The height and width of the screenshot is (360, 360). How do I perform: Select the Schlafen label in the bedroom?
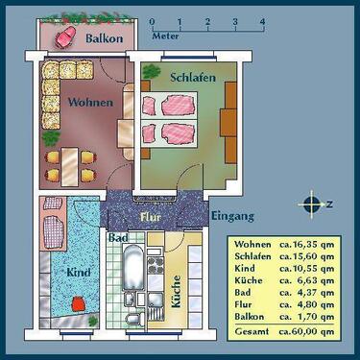tap(192, 76)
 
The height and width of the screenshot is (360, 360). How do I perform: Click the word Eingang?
tap(231, 215)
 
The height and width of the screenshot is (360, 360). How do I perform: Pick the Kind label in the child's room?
tap(79, 273)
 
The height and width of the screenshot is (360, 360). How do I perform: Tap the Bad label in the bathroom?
tap(119, 236)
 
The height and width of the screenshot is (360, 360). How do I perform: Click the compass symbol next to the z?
tap(310, 204)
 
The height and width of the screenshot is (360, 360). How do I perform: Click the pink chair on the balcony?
tap(66, 37)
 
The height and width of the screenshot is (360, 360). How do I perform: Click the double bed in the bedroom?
tap(169, 120)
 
